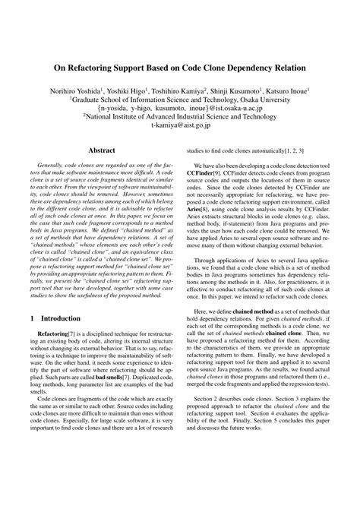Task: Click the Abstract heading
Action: point(101,152)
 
